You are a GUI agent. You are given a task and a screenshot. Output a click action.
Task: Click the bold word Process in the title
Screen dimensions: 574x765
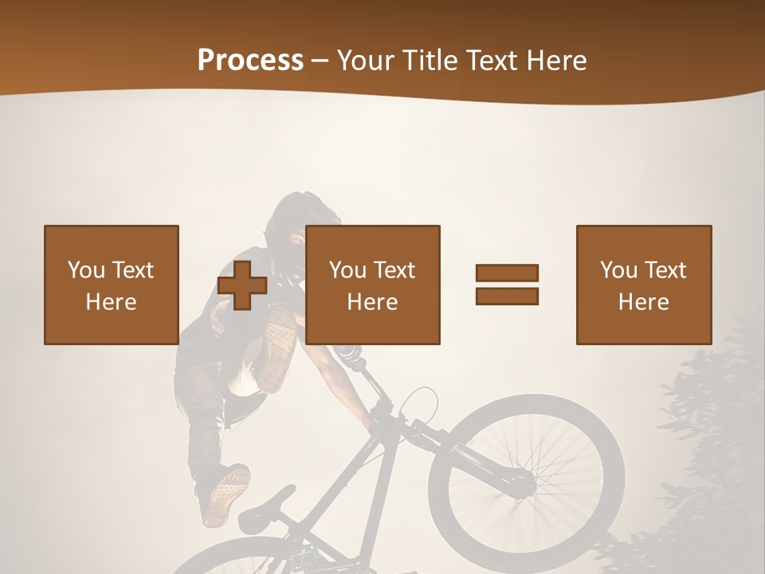pos(250,61)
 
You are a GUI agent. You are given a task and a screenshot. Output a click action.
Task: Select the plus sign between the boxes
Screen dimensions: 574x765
pos(242,285)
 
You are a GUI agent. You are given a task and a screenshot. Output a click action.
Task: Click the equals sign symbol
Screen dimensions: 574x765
pos(507,285)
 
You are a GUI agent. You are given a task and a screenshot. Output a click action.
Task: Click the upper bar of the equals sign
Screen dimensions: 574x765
pos(507,273)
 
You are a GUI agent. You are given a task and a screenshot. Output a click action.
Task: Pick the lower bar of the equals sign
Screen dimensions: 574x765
pos(507,296)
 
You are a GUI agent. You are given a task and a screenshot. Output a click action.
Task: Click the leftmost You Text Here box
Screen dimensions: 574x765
pos(111,285)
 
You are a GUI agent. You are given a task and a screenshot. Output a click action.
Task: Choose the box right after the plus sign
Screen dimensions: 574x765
pos(372,285)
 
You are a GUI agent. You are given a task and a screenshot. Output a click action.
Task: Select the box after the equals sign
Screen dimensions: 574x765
pos(643,285)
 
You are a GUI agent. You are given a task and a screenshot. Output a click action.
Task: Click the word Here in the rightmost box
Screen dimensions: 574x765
pos(643,302)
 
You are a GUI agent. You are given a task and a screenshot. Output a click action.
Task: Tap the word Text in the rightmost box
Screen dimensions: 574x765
pos(665,270)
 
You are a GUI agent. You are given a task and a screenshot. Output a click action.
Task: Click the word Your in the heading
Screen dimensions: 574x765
pos(366,61)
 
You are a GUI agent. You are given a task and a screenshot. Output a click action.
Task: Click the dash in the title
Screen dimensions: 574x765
pos(320,61)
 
